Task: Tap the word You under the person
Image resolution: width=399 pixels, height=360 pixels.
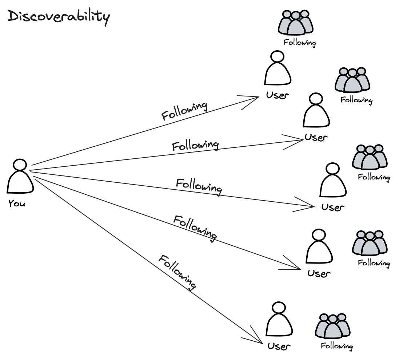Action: click(x=17, y=203)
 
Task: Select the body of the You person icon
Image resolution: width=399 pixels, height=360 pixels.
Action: click(x=20, y=182)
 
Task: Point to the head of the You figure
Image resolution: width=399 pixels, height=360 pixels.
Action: click(x=20, y=165)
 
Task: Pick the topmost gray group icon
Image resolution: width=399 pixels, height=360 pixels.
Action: click(x=296, y=23)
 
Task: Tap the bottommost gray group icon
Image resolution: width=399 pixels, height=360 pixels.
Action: click(x=332, y=326)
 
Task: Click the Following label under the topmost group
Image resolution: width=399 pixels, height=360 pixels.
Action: click(x=300, y=43)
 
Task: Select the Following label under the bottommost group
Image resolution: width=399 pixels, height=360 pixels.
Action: click(x=337, y=346)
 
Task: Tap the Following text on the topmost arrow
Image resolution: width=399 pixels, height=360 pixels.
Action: click(x=184, y=111)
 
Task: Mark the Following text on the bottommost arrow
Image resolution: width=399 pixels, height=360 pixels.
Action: click(x=177, y=272)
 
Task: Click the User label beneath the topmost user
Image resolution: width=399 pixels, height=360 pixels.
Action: click(x=278, y=95)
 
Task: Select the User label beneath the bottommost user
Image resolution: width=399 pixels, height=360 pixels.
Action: click(x=279, y=346)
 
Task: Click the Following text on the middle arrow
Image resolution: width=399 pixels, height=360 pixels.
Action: click(x=199, y=185)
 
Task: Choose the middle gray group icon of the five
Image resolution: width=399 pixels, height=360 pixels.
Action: click(x=370, y=157)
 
